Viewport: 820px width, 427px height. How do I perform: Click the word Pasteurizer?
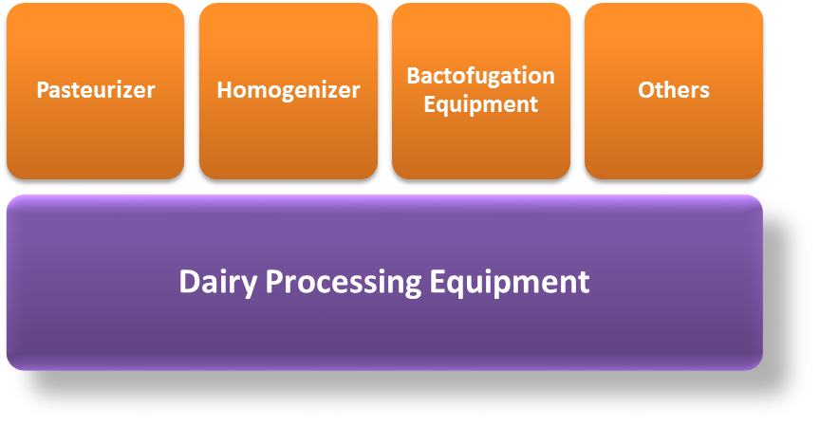(x=96, y=90)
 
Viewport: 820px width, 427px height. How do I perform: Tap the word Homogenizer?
(x=289, y=90)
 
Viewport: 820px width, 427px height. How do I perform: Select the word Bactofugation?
(x=481, y=76)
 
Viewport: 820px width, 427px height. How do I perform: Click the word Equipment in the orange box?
(x=481, y=104)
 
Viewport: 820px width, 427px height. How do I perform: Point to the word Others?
(x=674, y=90)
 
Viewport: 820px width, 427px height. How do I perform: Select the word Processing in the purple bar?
(x=343, y=283)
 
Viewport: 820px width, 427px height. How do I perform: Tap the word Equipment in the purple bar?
(x=510, y=283)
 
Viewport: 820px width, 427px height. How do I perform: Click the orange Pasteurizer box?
(x=96, y=91)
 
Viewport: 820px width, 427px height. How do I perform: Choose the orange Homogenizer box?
(x=289, y=91)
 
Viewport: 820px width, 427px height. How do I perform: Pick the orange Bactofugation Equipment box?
(x=481, y=91)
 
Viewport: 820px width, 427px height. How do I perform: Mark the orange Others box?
(x=674, y=91)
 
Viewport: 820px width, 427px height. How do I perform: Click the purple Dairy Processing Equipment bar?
(x=385, y=283)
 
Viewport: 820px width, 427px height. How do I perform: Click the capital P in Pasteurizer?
(x=43, y=90)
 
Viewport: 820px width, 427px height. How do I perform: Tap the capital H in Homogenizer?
(x=225, y=90)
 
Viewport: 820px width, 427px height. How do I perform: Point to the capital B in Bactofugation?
(x=414, y=76)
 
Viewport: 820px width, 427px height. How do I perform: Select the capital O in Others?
(x=646, y=90)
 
